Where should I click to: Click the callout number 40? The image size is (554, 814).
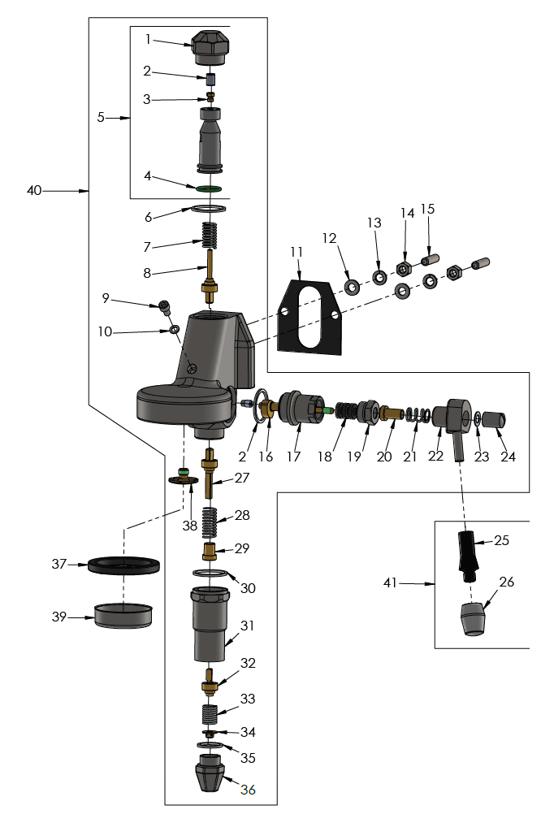coord(34,191)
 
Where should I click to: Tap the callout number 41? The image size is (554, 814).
coord(392,582)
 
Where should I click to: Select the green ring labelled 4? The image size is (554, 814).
coord(210,188)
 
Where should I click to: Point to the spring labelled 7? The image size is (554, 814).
coord(211,236)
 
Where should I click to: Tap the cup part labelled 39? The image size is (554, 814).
coord(123,616)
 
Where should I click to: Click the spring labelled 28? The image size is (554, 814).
coord(210,521)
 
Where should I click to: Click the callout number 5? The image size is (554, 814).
coord(101,117)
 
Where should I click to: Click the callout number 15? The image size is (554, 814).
coord(427,209)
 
